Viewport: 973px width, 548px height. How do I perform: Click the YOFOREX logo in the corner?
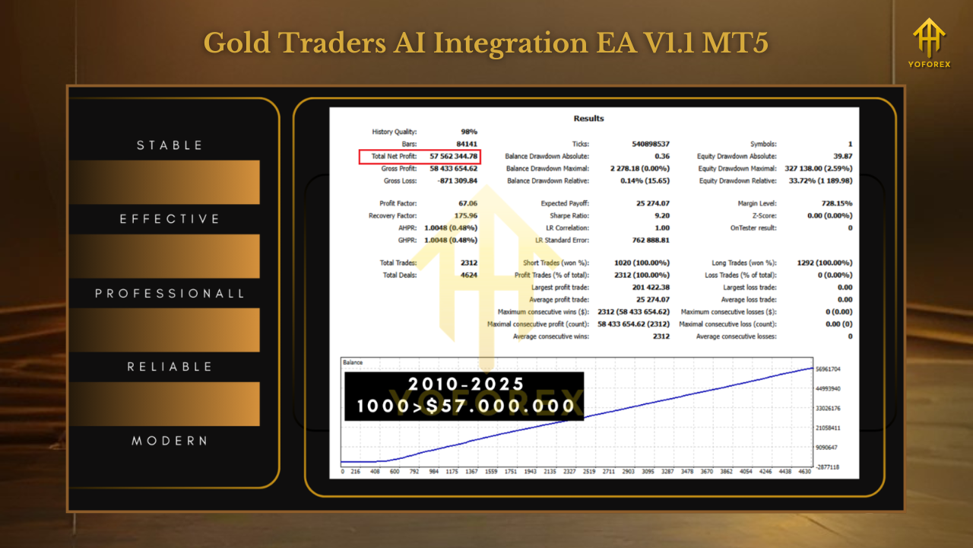(x=929, y=43)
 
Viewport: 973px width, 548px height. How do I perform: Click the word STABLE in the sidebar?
(x=170, y=145)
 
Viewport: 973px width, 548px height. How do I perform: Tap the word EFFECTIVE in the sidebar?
(x=170, y=218)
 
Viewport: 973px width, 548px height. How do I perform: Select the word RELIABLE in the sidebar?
(x=170, y=367)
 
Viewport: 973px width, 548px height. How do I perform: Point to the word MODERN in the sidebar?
(x=170, y=441)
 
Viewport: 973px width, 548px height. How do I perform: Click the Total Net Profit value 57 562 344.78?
(x=453, y=156)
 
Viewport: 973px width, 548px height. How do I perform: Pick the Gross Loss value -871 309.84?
(x=457, y=180)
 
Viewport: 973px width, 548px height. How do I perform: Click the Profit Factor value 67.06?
(x=467, y=203)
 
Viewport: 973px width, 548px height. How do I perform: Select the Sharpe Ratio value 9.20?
(x=662, y=215)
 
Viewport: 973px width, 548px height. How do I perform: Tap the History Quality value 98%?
(x=469, y=132)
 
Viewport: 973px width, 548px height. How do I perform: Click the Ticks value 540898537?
(x=650, y=144)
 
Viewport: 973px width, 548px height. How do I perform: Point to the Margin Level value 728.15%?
(x=837, y=203)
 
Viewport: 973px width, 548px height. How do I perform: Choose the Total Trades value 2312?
(x=469, y=263)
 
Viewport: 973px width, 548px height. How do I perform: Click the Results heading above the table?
(x=588, y=118)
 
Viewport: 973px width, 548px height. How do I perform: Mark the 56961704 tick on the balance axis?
(x=828, y=369)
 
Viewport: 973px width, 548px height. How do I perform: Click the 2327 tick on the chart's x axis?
(x=569, y=471)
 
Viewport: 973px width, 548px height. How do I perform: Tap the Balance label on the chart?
(x=353, y=362)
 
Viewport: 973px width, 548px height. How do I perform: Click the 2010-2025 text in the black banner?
(x=466, y=384)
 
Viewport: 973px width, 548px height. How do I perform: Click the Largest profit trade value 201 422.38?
(x=651, y=287)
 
